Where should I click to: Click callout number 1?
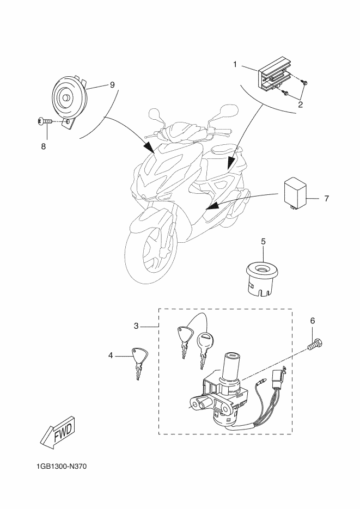(235, 65)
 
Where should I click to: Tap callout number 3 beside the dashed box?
(137, 326)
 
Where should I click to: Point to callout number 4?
(111, 355)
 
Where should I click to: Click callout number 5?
(263, 241)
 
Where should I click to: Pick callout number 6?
(312, 321)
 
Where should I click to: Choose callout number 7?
(326, 198)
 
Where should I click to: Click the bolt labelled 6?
(315, 345)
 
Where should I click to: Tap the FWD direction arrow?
(58, 432)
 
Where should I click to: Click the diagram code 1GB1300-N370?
(63, 467)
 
